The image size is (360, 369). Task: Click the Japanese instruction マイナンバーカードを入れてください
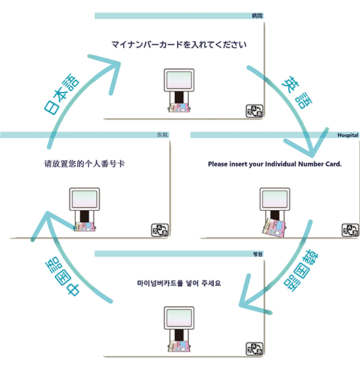tap(179, 45)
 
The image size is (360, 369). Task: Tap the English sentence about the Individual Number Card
tap(275, 164)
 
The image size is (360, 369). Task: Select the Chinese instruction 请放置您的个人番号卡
tap(85, 164)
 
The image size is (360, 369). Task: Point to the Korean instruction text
tap(179, 283)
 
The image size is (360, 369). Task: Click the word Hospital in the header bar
tap(348, 135)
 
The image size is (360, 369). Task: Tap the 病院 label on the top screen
tap(257, 16)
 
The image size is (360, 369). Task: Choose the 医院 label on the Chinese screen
tap(162, 135)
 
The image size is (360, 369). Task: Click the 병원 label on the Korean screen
tap(257, 254)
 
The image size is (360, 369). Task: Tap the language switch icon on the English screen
tap(350, 230)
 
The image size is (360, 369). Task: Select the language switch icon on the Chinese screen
tap(160, 230)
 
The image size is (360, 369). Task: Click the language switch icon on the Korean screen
tap(254, 349)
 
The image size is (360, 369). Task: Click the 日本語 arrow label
tap(62, 94)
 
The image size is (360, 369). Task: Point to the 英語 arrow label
tap(297, 92)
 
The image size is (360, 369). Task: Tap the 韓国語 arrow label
tap(301, 271)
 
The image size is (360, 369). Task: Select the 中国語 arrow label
tap(62, 276)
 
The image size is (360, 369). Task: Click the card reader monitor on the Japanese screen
tap(179, 80)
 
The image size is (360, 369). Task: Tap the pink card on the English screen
tap(273, 228)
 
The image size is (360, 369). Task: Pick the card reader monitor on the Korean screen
tap(179, 318)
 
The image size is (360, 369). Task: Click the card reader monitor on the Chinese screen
tap(85, 199)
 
